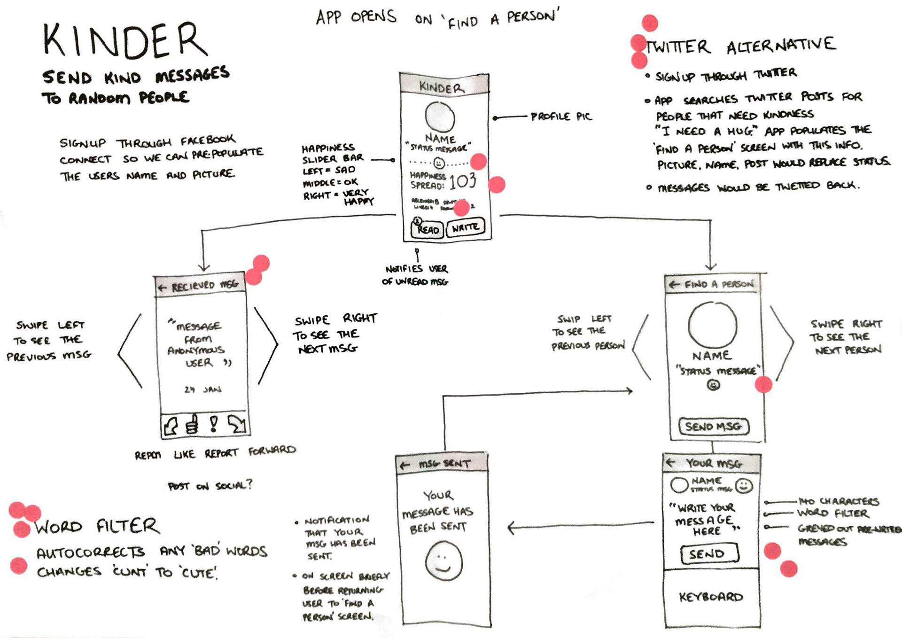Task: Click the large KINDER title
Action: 124,41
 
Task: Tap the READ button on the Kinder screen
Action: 427,229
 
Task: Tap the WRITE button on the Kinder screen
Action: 465,228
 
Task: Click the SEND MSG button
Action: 713,426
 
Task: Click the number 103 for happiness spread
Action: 462,181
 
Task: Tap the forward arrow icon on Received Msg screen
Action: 236,424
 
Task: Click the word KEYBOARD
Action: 711,597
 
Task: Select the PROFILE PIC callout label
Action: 561,116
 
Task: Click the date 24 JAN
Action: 202,389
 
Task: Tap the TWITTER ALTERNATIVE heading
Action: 741,46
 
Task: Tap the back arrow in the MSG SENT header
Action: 404,465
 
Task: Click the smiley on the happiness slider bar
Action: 439,163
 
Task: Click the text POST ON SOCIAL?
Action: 210,485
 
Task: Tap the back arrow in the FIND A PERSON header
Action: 674,284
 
